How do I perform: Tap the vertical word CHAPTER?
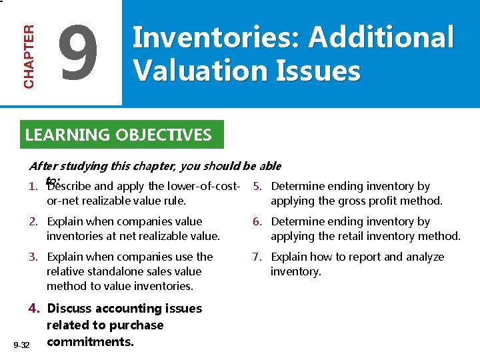click(x=29, y=57)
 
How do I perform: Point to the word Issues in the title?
click(x=325, y=71)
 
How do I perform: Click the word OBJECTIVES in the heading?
click(x=163, y=135)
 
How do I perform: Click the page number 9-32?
click(x=21, y=344)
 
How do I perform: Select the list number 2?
click(x=33, y=221)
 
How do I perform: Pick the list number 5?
click(x=257, y=187)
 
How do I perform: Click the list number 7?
click(x=257, y=257)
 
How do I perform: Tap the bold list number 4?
click(x=33, y=309)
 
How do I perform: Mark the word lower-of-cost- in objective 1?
click(x=203, y=187)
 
